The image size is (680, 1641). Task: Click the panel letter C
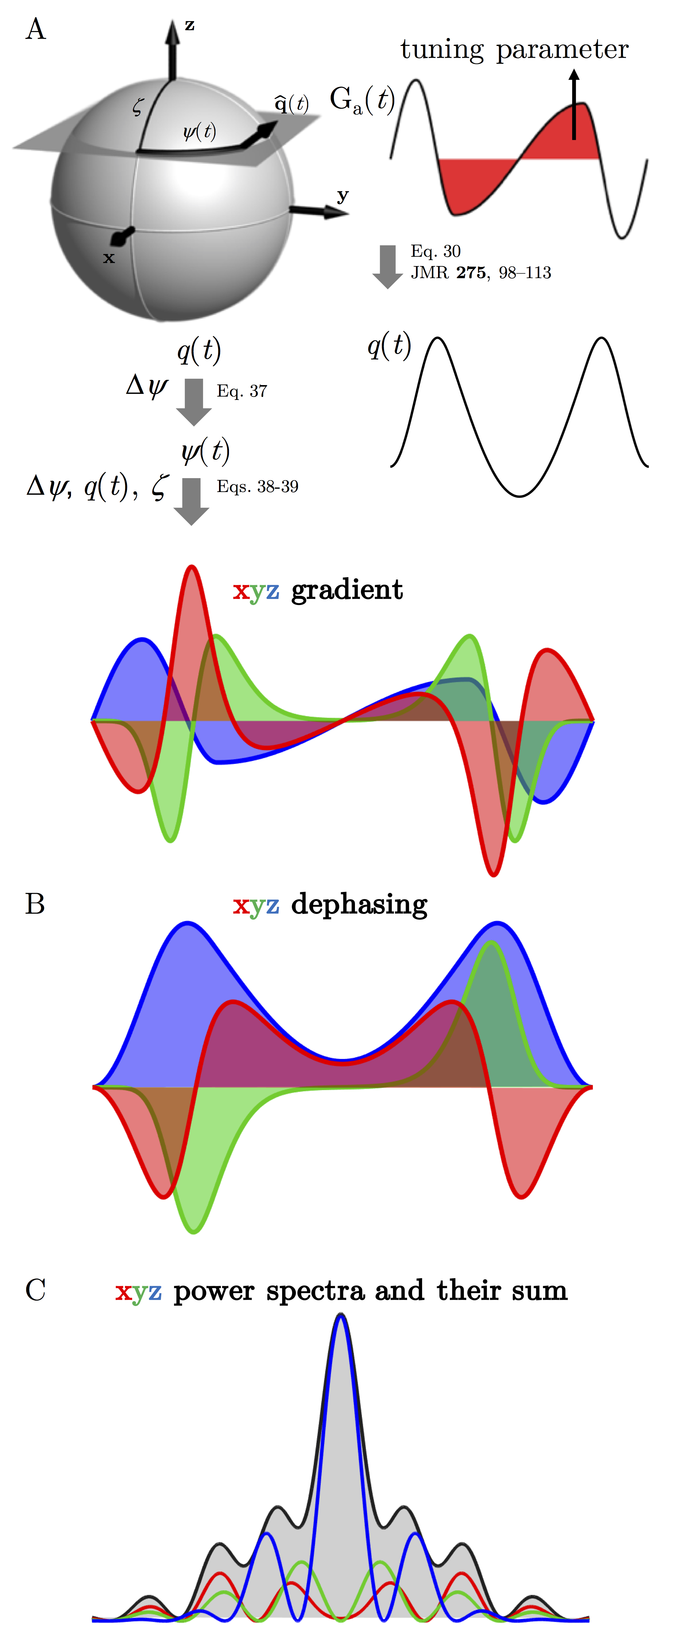[x=36, y=1290]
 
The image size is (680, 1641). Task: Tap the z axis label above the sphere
[x=189, y=25]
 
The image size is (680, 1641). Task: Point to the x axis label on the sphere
[x=109, y=258]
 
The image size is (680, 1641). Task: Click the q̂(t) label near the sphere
[x=291, y=103]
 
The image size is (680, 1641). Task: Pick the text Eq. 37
[x=242, y=391]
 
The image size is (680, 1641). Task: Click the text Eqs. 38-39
[x=257, y=487]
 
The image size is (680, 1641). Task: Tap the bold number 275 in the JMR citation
[x=471, y=273]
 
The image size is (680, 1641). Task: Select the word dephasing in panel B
[x=359, y=905]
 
